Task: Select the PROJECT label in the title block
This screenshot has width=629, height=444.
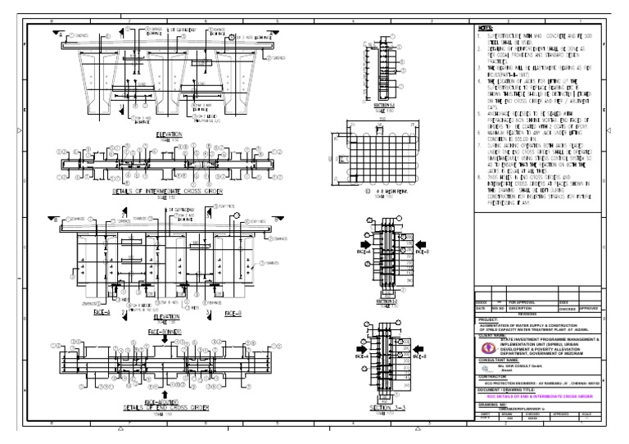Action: [491, 319]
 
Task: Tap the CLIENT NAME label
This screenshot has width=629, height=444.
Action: [494, 334]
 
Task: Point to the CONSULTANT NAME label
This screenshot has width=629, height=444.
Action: [499, 359]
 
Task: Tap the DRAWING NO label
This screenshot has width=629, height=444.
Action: [493, 402]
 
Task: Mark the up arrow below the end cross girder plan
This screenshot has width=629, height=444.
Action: [165, 392]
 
